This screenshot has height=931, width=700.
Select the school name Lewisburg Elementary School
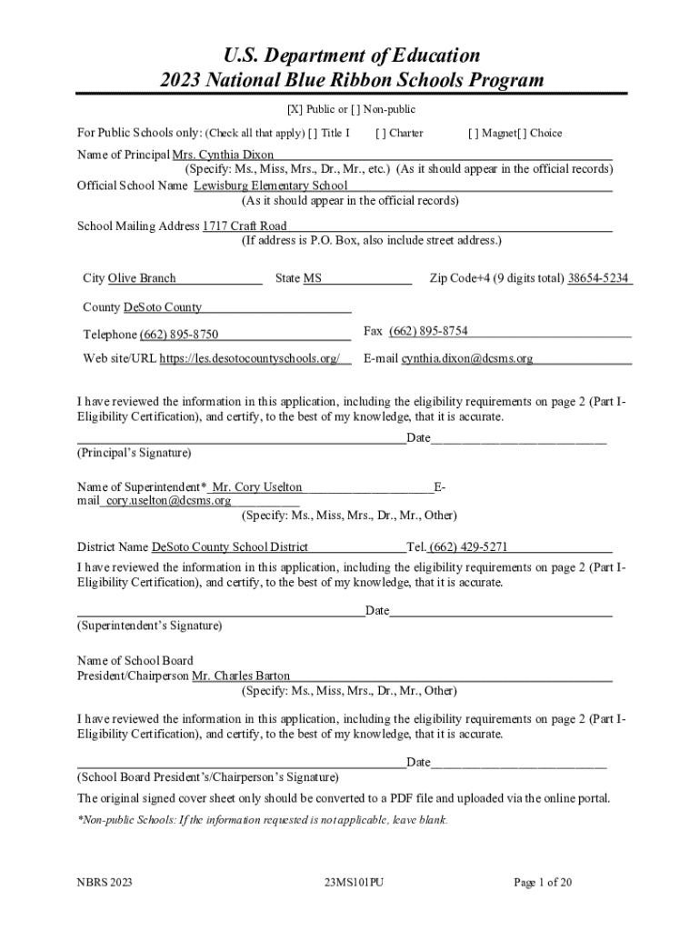click(x=270, y=185)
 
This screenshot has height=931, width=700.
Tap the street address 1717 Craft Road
click(x=245, y=225)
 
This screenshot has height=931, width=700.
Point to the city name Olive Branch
click(x=142, y=278)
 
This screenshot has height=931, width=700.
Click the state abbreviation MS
click(x=313, y=278)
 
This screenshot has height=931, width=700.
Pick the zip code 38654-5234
click(x=598, y=278)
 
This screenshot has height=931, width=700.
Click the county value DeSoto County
click(x=156, y=307)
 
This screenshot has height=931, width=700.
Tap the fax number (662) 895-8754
click(x=428, y=331)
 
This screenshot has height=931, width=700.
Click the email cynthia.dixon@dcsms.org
click(x=467, y=358)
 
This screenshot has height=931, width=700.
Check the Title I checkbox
click(x=313, y=134)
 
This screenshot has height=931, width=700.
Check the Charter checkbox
click(x=378, y=134)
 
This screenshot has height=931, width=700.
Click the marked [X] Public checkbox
click(x=295, y=110)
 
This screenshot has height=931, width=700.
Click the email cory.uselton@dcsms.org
click(x=168, y=500)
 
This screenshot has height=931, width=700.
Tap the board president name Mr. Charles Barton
click(x=242, y=676)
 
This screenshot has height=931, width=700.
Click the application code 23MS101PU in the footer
click(x=354, y=882)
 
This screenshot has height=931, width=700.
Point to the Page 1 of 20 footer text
click(x=543, y=882)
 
